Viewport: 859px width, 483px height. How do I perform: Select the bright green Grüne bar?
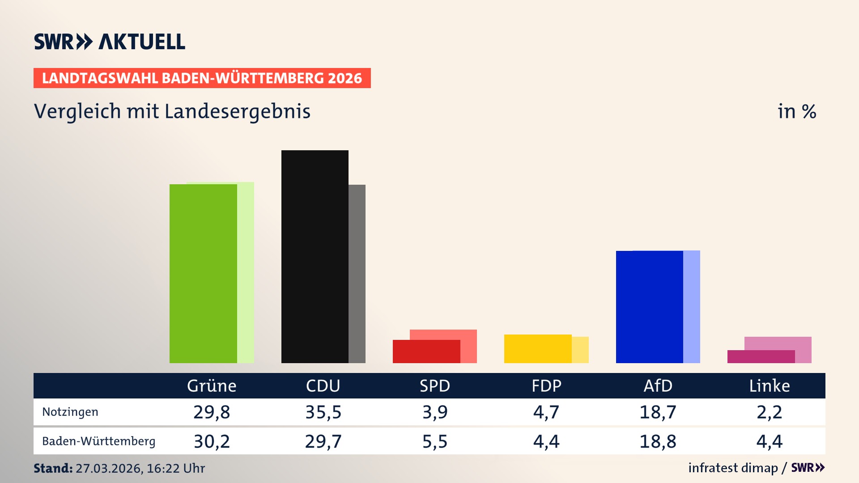coord(203,273)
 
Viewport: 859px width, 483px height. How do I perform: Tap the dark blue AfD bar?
coord(649,307)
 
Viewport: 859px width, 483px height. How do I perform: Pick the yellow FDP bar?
coord(538,349)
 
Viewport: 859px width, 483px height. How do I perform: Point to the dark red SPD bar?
coord(426,352)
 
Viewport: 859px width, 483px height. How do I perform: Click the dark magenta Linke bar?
coord(761,356)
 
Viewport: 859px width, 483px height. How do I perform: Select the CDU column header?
coord(323,386)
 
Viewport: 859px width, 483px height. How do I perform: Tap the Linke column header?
coord(770,386)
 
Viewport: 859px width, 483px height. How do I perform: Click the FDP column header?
coord(546,386)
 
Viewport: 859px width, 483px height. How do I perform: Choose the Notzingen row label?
coord(70,412)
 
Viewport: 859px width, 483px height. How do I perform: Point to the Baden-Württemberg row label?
coord(98,441)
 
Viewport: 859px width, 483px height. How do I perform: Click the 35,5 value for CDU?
coord(323,412)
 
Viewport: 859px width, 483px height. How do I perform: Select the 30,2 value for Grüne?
coord(212,441)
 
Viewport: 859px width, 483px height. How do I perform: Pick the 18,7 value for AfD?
coord(658,412)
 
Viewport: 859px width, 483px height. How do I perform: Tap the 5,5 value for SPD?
coord(435,441)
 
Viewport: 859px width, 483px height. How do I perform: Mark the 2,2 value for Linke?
coord(770,412)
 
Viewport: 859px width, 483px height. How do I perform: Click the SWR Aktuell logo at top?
coord(110,42)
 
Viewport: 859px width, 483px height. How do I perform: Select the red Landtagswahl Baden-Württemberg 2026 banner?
coord(202,78)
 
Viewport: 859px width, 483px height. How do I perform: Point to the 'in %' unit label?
coord(797,111)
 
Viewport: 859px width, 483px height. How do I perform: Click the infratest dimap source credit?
coord(733,468)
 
